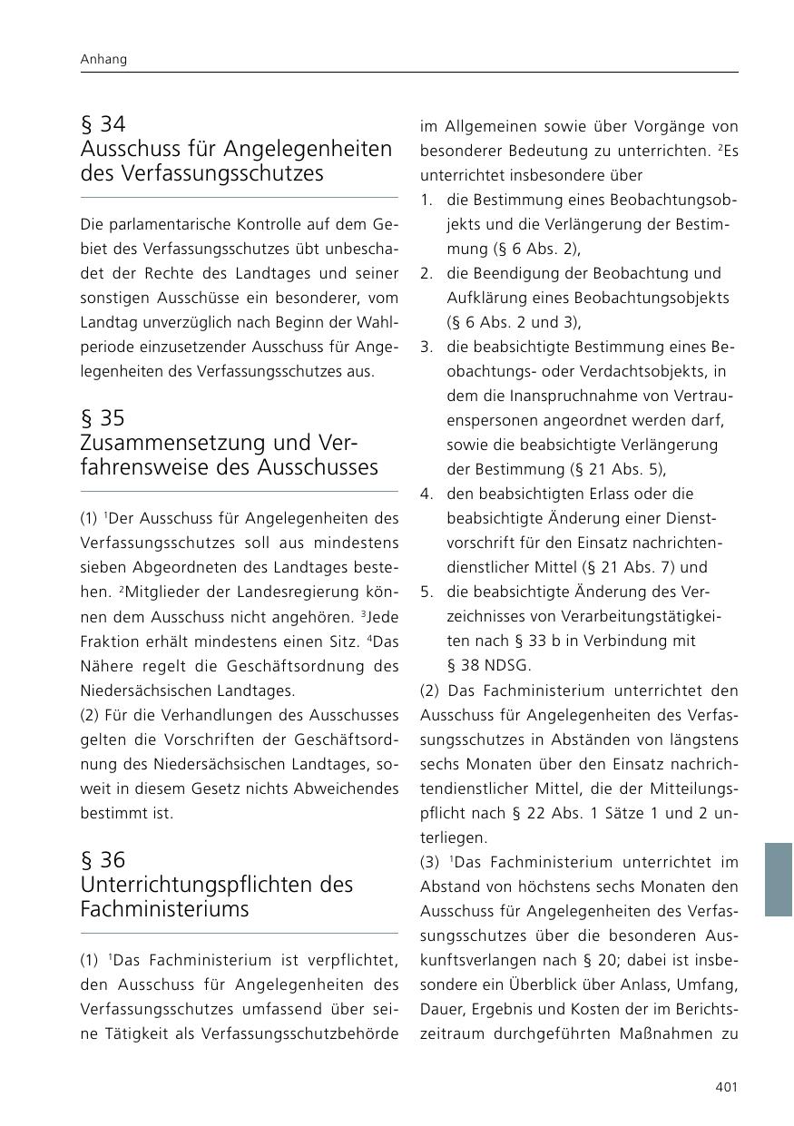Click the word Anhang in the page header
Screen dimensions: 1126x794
[103, 59]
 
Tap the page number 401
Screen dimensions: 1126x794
[726, 1086]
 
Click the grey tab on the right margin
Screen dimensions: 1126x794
[779, 879]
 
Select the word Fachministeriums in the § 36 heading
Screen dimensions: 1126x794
[164, 909]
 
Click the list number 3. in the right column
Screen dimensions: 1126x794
[426, 347]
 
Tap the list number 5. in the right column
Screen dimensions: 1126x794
[426, 592]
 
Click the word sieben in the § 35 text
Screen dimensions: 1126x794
[102, 567]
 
